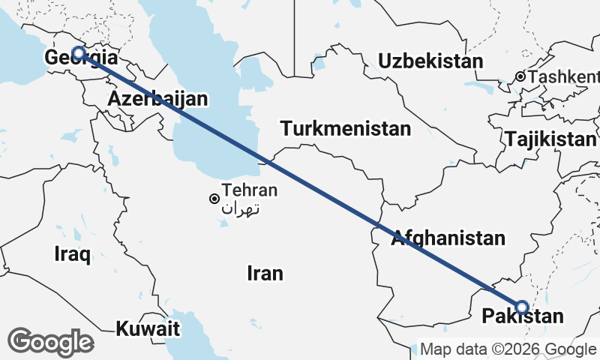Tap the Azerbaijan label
[157, 99]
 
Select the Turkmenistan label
[346, 128]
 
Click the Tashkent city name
[564, 76]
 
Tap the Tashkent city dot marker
[520, 76]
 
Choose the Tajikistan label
[550, 139]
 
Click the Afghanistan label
[448, 238]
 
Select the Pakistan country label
[523, 316]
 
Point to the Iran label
[265, 273]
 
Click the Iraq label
[73, 254]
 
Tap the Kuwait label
[148, 328]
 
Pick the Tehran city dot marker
[214, 199]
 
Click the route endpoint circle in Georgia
[78, 53]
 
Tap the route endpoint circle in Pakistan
[522, 307]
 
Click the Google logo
[50, 342]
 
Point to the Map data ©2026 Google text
[508, 349]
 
